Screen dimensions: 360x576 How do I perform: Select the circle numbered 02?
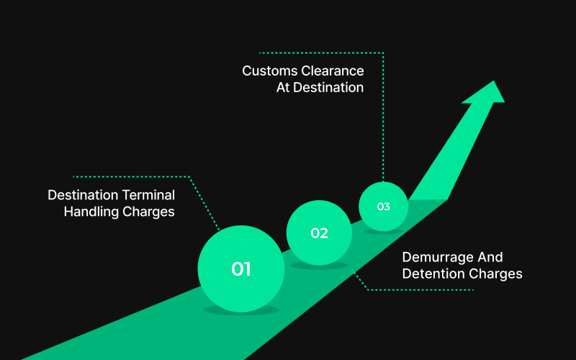[319, 233]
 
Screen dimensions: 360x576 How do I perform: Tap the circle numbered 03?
[383, 207]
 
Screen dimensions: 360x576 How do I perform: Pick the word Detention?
[433, 274]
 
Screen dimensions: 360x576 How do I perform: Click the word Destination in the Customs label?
[328, 88]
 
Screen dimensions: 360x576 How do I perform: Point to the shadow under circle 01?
[240, 310]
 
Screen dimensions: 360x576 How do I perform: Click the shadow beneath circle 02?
[319, 266]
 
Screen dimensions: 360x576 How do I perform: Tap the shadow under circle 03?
[383, 231]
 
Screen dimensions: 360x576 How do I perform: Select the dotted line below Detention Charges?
[421, 290]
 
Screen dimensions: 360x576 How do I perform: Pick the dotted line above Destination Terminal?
[130, 176]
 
